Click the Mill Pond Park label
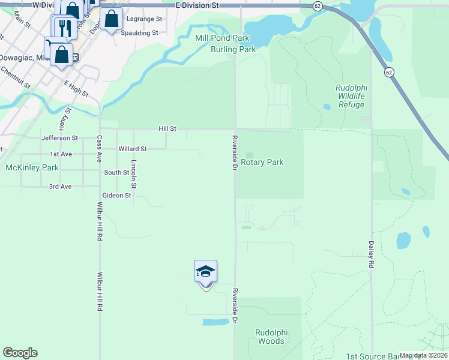click(x=222, y=38)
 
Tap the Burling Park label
click(x=233, y=49)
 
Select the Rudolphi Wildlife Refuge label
click(x=351, y=96)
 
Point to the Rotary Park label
click(x=262, y=162)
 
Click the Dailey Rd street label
click(x=371, y=256)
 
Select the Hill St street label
click(x=167, y=128)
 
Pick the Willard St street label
click(x=133, y=149)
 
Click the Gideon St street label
click(x=116, y=196)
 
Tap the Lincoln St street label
click(x=134, y=174)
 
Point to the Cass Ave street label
click(x=100, y=149)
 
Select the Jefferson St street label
click(x=60, y=138)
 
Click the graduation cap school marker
click(x=205, y=272)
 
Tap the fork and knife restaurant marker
click(x=65, y=28)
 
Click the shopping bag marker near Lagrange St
click(x=112, y=19)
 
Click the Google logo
click(x=20, y=353)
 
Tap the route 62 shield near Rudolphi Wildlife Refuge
click(x=390, y=72)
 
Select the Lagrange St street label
click(x=145, y=19)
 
